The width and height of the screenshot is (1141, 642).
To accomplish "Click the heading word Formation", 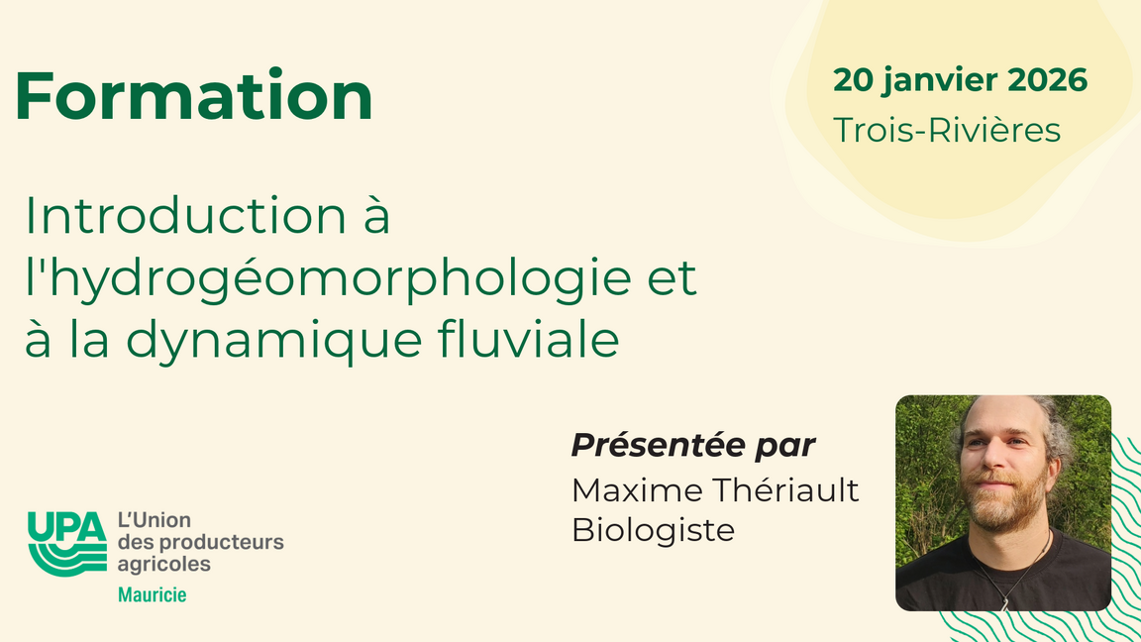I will pyautogui.click(x=194, y=96).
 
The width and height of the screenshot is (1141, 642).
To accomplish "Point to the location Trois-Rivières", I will pyautogui.click(x=946, y=130).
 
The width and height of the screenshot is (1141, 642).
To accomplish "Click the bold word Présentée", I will pyautogui.click(x=648, y=446).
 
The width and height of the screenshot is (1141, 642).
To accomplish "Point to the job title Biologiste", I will pyautogui.click(x=653, y=530).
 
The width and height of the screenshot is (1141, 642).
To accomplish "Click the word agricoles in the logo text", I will pyautogui.click(x=163, y=564).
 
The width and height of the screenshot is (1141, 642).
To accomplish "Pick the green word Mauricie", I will pyautogui.click(x=152, y=595).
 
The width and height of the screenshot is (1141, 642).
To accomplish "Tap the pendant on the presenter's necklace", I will pyautogui.click(x=1006, y=601).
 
